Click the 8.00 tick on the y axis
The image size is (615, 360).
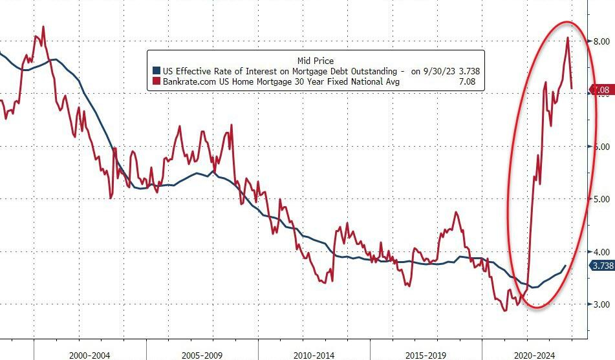[x=601, y=41]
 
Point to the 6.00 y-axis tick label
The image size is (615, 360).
[x=601, y=147]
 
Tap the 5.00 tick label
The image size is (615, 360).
[x=601, y=199]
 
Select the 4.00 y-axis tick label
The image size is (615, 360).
[x=601, y=251]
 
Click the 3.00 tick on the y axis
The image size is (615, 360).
[x=601, y=304]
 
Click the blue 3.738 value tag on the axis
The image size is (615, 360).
[x=601, y=266]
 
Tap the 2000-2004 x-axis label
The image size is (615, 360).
[x=90, y=355]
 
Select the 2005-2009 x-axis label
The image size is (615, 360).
[x=203, y=355]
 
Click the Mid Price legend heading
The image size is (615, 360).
[x=316, y=61]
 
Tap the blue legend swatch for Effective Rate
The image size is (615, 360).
[x=155, y=71]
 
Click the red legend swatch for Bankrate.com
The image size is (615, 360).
[x=155, y=81]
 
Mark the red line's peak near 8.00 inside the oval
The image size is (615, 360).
[x=567, y=37]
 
